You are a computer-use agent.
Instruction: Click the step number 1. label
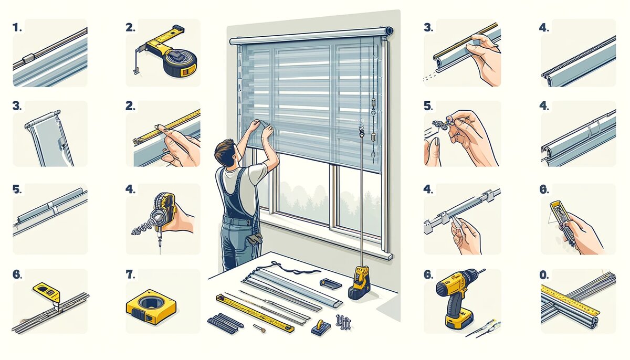click(x=17, y=27)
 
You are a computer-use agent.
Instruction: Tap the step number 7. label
click(x=131, y=274)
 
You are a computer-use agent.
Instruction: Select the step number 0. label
click(x=544, y=276)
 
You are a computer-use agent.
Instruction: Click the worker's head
click(x=226, y=153)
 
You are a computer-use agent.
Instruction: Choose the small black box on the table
click(x=330, y=283)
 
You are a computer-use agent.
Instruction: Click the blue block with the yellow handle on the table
click(x=321, y=327)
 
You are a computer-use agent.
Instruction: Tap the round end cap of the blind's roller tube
click(x=389, y=30)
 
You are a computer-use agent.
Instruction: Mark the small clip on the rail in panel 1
click(x=28, y=58)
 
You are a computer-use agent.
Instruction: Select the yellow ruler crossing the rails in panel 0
click(x=569, y=300)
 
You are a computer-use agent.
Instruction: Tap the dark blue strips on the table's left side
click(x=225, y=324)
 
